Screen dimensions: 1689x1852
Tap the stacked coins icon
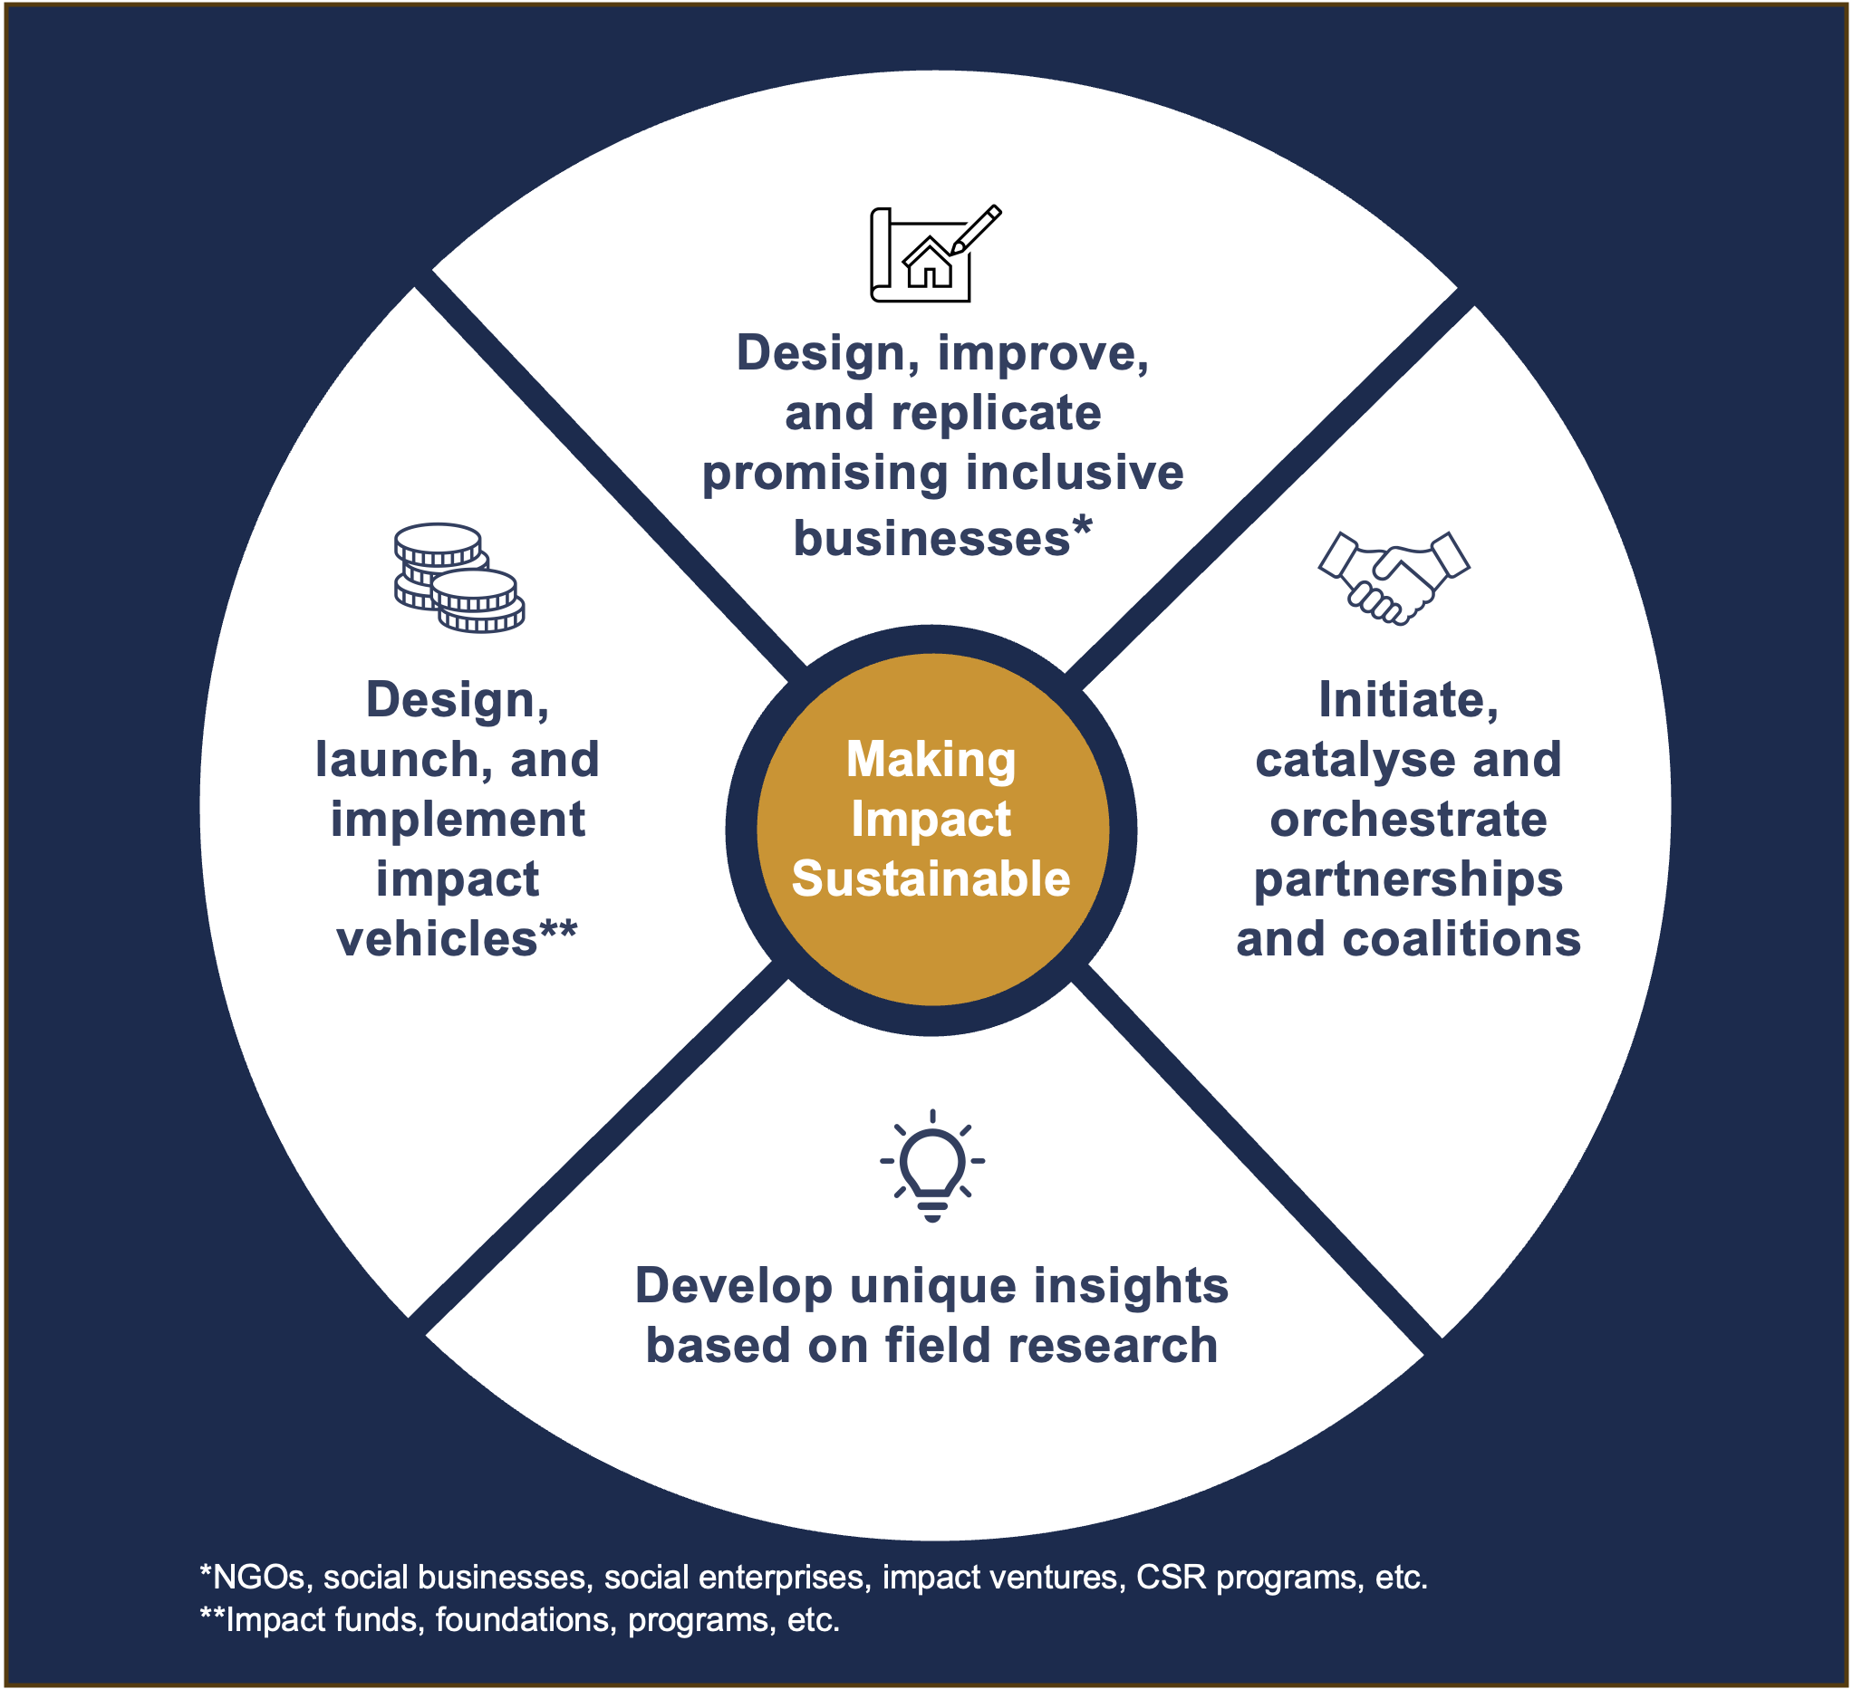coord(458,578)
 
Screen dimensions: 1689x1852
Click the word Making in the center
coord(931,760)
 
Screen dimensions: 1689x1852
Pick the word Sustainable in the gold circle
coord(931,879)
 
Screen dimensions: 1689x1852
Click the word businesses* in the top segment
coord(942,537)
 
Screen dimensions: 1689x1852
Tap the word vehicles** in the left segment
coord(457,938)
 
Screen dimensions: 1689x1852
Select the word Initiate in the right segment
coord(1408,700)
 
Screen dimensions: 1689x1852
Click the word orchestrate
coord(1408,820)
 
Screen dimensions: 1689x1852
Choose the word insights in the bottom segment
coord(1131,1285)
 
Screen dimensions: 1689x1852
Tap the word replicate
coord(996,413)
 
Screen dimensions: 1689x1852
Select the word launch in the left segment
coord(397,761)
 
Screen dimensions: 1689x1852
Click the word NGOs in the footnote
coord(257,1577)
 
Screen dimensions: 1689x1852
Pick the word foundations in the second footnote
coord(523,1619)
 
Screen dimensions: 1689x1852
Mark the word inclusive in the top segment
coord(1075,473)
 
